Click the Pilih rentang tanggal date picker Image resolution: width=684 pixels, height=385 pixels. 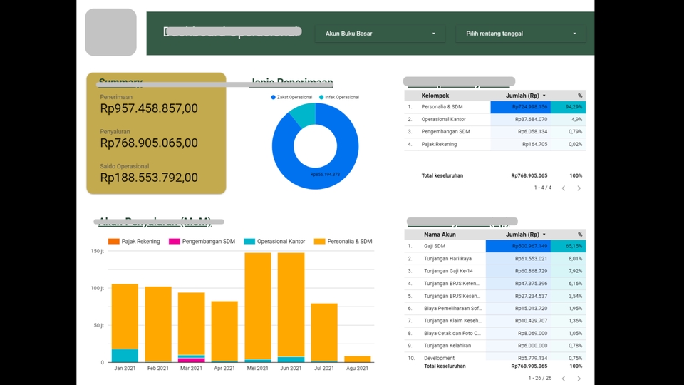521,34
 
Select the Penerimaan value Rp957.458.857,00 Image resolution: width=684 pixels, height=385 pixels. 149,108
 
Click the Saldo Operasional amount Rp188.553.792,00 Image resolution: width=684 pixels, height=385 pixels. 149,178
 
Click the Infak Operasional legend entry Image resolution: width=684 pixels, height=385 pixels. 338,97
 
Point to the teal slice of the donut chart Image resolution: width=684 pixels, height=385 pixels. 303,114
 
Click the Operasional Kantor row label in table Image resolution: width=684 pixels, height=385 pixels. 445,120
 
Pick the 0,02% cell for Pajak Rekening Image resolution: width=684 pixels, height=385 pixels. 575,145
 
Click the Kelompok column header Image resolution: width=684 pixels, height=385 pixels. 435,96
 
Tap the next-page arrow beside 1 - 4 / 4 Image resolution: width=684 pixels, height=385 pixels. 579,188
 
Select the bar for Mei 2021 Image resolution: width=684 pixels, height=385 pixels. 258,307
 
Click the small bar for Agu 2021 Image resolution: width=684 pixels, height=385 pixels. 357,359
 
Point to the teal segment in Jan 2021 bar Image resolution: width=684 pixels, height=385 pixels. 125,355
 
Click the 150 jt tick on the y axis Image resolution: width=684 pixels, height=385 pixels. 98,252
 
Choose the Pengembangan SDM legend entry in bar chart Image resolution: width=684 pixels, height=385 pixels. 202,242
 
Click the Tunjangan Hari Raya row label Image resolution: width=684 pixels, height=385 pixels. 447,259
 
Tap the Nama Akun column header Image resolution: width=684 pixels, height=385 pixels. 440,235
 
